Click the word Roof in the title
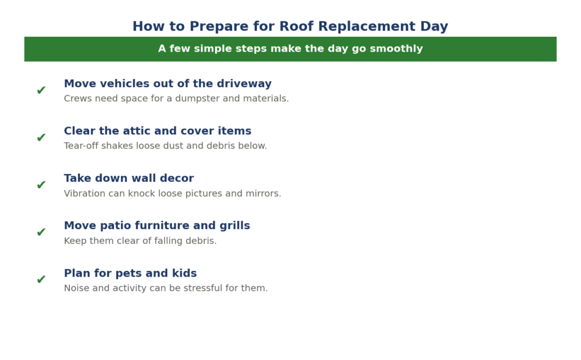296,26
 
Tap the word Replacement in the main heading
367,27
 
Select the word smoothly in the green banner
396,49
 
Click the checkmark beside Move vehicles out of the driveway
41,90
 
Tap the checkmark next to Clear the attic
41,137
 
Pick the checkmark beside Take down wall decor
41,184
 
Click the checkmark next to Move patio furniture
41,232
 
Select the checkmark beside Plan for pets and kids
41,279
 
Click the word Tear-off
81,146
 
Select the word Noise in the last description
77,288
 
